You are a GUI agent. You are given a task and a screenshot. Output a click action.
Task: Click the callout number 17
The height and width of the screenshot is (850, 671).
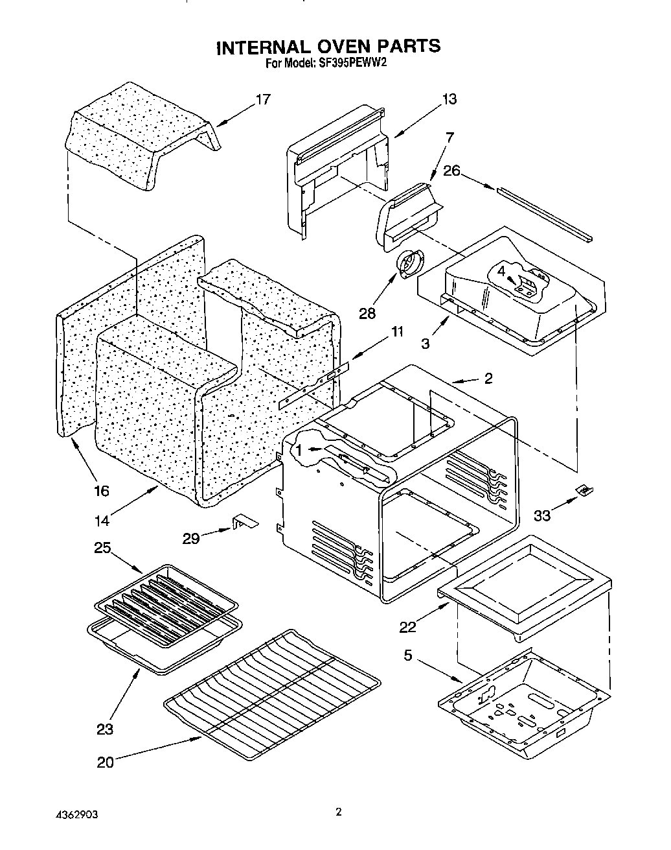coord(262,99)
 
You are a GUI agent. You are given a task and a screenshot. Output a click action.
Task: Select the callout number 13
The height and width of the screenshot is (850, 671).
coord(449,99)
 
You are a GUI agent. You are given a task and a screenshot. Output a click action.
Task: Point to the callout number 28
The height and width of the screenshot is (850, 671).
coord(368,314)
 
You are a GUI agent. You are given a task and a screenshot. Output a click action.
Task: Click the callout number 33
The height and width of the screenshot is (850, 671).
coord(542,515)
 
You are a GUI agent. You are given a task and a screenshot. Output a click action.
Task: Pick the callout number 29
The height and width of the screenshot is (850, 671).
coord(191,537)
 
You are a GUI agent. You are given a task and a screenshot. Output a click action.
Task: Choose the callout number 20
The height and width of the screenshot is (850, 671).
coord(105,762)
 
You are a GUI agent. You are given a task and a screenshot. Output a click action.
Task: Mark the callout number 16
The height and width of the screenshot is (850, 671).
coord(101,490)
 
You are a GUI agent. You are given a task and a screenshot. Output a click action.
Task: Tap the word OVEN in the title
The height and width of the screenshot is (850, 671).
coord(335,47)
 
